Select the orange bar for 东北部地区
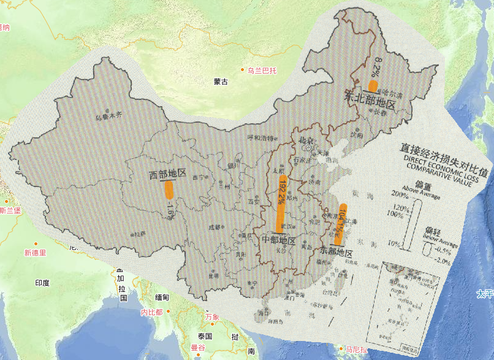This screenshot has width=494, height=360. pos(373,86)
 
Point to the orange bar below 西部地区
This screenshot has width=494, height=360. pos(169,188)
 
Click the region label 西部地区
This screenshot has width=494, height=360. pos(167,174)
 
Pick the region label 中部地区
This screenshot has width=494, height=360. pos(279,240)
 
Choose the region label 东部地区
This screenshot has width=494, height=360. pos(336,253)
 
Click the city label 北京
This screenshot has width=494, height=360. pos(306,140)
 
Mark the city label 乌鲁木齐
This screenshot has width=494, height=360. pos(108,115)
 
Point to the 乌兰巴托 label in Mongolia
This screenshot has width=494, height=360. pos(262,71)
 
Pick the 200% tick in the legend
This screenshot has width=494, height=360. pos(398,195)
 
